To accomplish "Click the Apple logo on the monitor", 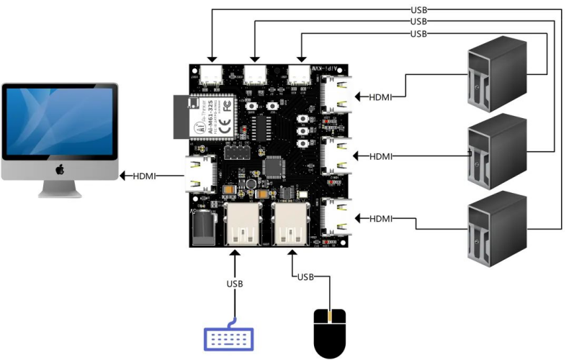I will (61, 169).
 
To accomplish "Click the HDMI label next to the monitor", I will (147, 175).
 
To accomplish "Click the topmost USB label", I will (418, 10).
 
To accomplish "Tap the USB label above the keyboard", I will (235, 284).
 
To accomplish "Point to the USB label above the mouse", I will (305, 276).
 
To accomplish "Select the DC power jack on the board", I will (205, 227).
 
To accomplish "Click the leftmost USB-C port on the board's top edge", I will (213, 75).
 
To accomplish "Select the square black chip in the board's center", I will (275, 167).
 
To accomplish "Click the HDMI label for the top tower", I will (380, 96).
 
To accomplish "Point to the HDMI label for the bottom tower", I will (380, 218).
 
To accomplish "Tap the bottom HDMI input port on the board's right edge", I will (336, 217).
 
